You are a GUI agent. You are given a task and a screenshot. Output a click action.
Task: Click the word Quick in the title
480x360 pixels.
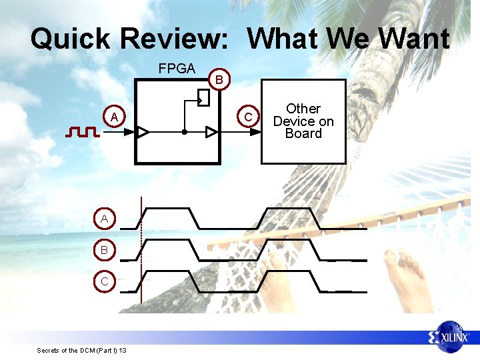[69, 39]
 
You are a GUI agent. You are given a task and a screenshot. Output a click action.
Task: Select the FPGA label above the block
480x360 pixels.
[177, 69]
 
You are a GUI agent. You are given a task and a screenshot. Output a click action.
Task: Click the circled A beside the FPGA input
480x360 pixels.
[115, 117]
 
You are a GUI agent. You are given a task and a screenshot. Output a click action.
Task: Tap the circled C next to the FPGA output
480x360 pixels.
[248, 117]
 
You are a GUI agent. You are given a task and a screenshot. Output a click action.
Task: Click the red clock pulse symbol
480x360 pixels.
[83, 132]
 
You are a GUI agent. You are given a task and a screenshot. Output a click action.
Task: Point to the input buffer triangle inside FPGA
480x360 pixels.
[143, 132]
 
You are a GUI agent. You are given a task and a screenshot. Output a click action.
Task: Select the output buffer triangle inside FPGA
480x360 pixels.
[212, 132]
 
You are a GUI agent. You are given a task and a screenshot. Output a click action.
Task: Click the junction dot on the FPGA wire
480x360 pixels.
[184, 132]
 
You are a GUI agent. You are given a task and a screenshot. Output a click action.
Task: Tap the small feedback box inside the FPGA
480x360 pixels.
[204, 98]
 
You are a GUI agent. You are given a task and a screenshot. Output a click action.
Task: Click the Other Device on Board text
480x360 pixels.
[303, 121]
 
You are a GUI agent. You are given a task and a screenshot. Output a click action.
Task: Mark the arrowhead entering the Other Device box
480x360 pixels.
[255, 132]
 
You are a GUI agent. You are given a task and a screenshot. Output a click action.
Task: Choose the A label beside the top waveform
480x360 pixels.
[105, 219]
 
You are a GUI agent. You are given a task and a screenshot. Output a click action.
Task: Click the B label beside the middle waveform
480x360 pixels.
[105, 250]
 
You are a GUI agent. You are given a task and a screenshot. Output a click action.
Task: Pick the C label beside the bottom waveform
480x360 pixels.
[105, 281]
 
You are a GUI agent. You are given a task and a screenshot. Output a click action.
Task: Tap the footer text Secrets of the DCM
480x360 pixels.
[82, 350]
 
